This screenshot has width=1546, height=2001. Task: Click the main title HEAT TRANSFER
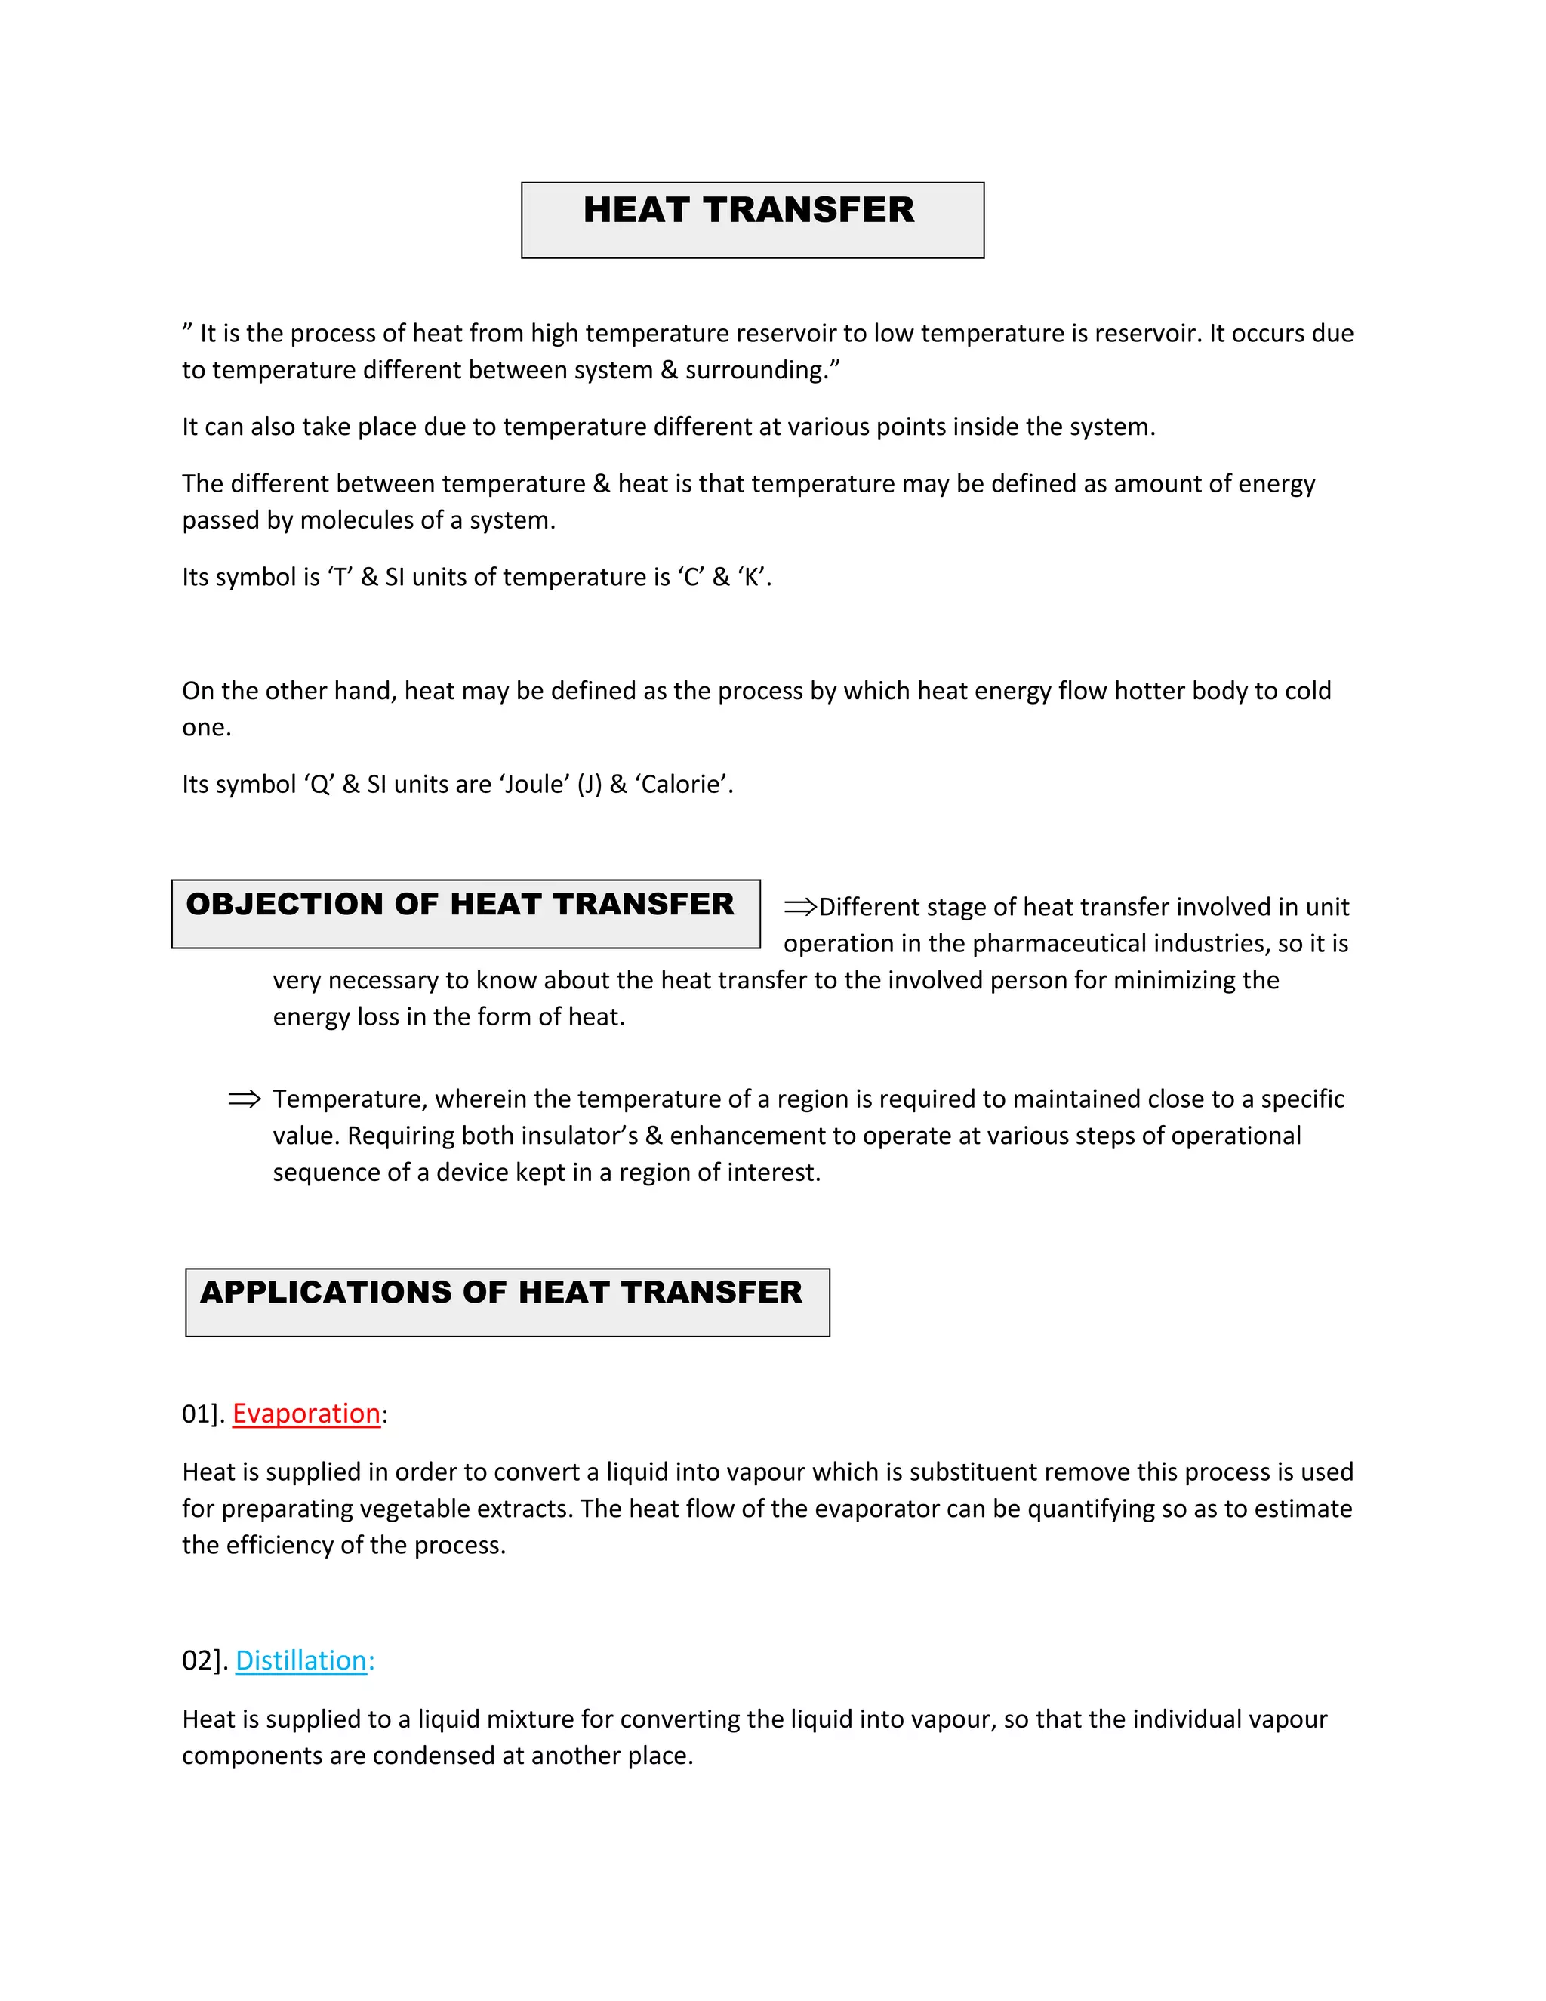(x=748, y=210)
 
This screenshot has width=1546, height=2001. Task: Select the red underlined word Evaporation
(x=306, y=1414)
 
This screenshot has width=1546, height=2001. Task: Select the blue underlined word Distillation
(x=301, y=1661)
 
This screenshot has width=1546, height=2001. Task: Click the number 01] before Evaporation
(x=202, y=1414)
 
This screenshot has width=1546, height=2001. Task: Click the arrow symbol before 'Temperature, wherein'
(x=245, y=1099)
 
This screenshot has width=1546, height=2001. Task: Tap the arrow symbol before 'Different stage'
(x=799, y=907)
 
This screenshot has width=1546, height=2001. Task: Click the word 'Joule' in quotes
(x=535, y=785)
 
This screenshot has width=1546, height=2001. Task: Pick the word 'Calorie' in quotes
(x=682, y=785)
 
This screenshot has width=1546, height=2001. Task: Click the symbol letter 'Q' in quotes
(x=319, y=785)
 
